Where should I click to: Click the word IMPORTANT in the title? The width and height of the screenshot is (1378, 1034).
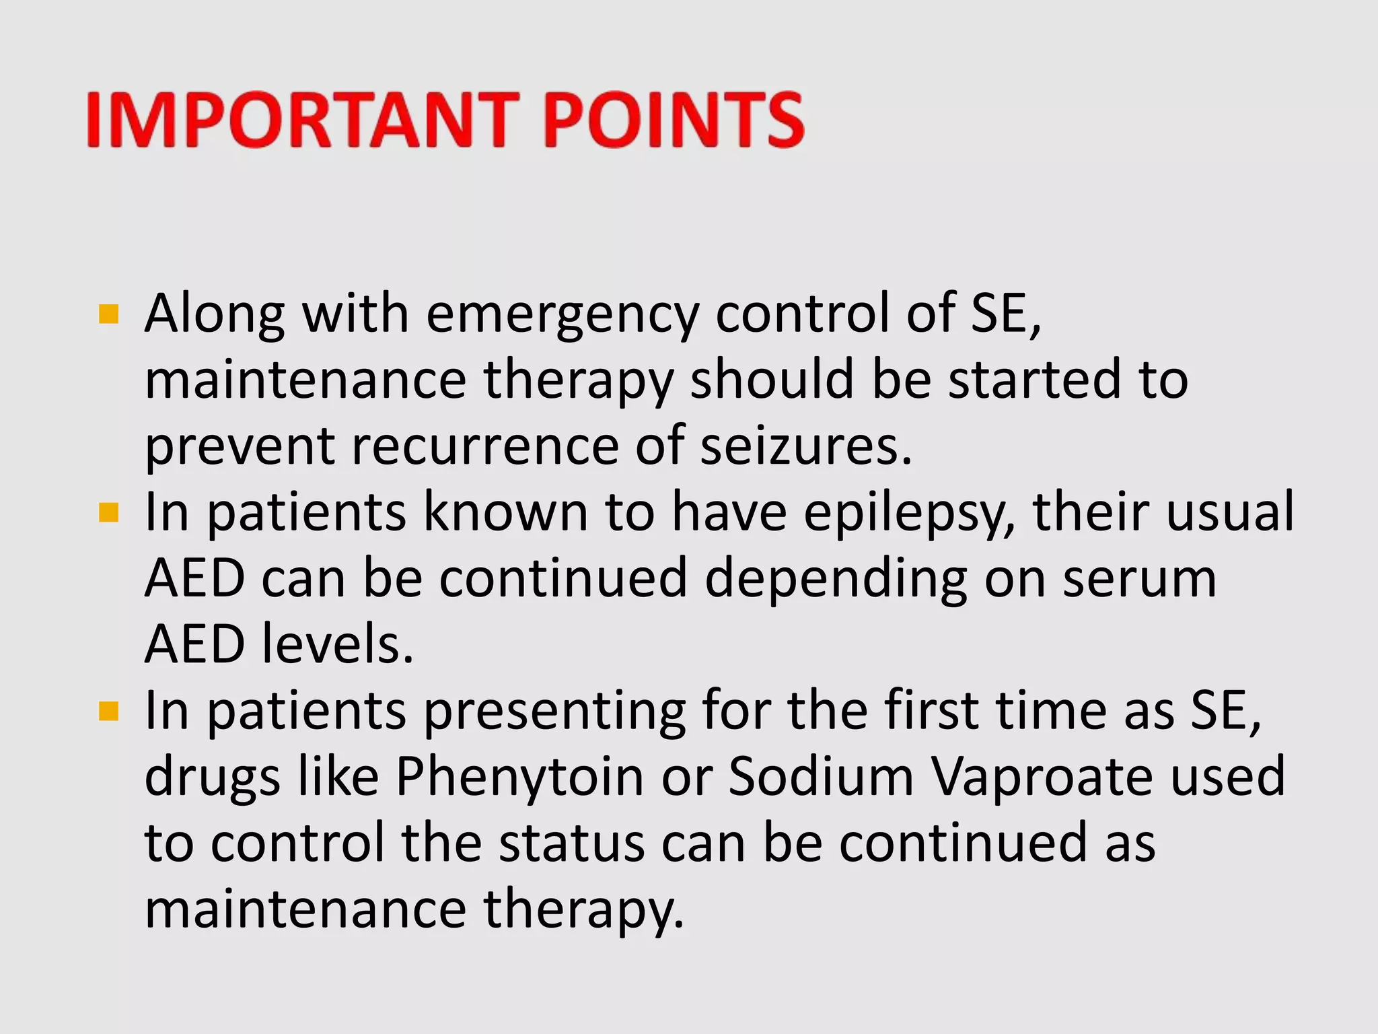click(303, 120)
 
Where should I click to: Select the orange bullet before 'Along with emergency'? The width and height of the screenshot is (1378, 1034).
click(108, 314)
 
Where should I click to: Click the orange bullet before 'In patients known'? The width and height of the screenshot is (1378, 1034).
click(108, 513)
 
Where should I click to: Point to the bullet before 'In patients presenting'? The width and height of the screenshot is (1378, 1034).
click(108, 712)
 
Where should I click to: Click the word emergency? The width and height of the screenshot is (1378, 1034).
click(563, 314)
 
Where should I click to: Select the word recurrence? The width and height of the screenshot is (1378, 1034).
click(484, 446)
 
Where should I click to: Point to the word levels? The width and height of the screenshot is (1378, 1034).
click(336, 644)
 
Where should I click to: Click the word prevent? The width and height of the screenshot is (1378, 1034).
click(240, 446)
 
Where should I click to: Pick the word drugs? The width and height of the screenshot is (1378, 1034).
click(213, 776)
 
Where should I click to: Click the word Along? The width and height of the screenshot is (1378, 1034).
click(215, 314)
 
